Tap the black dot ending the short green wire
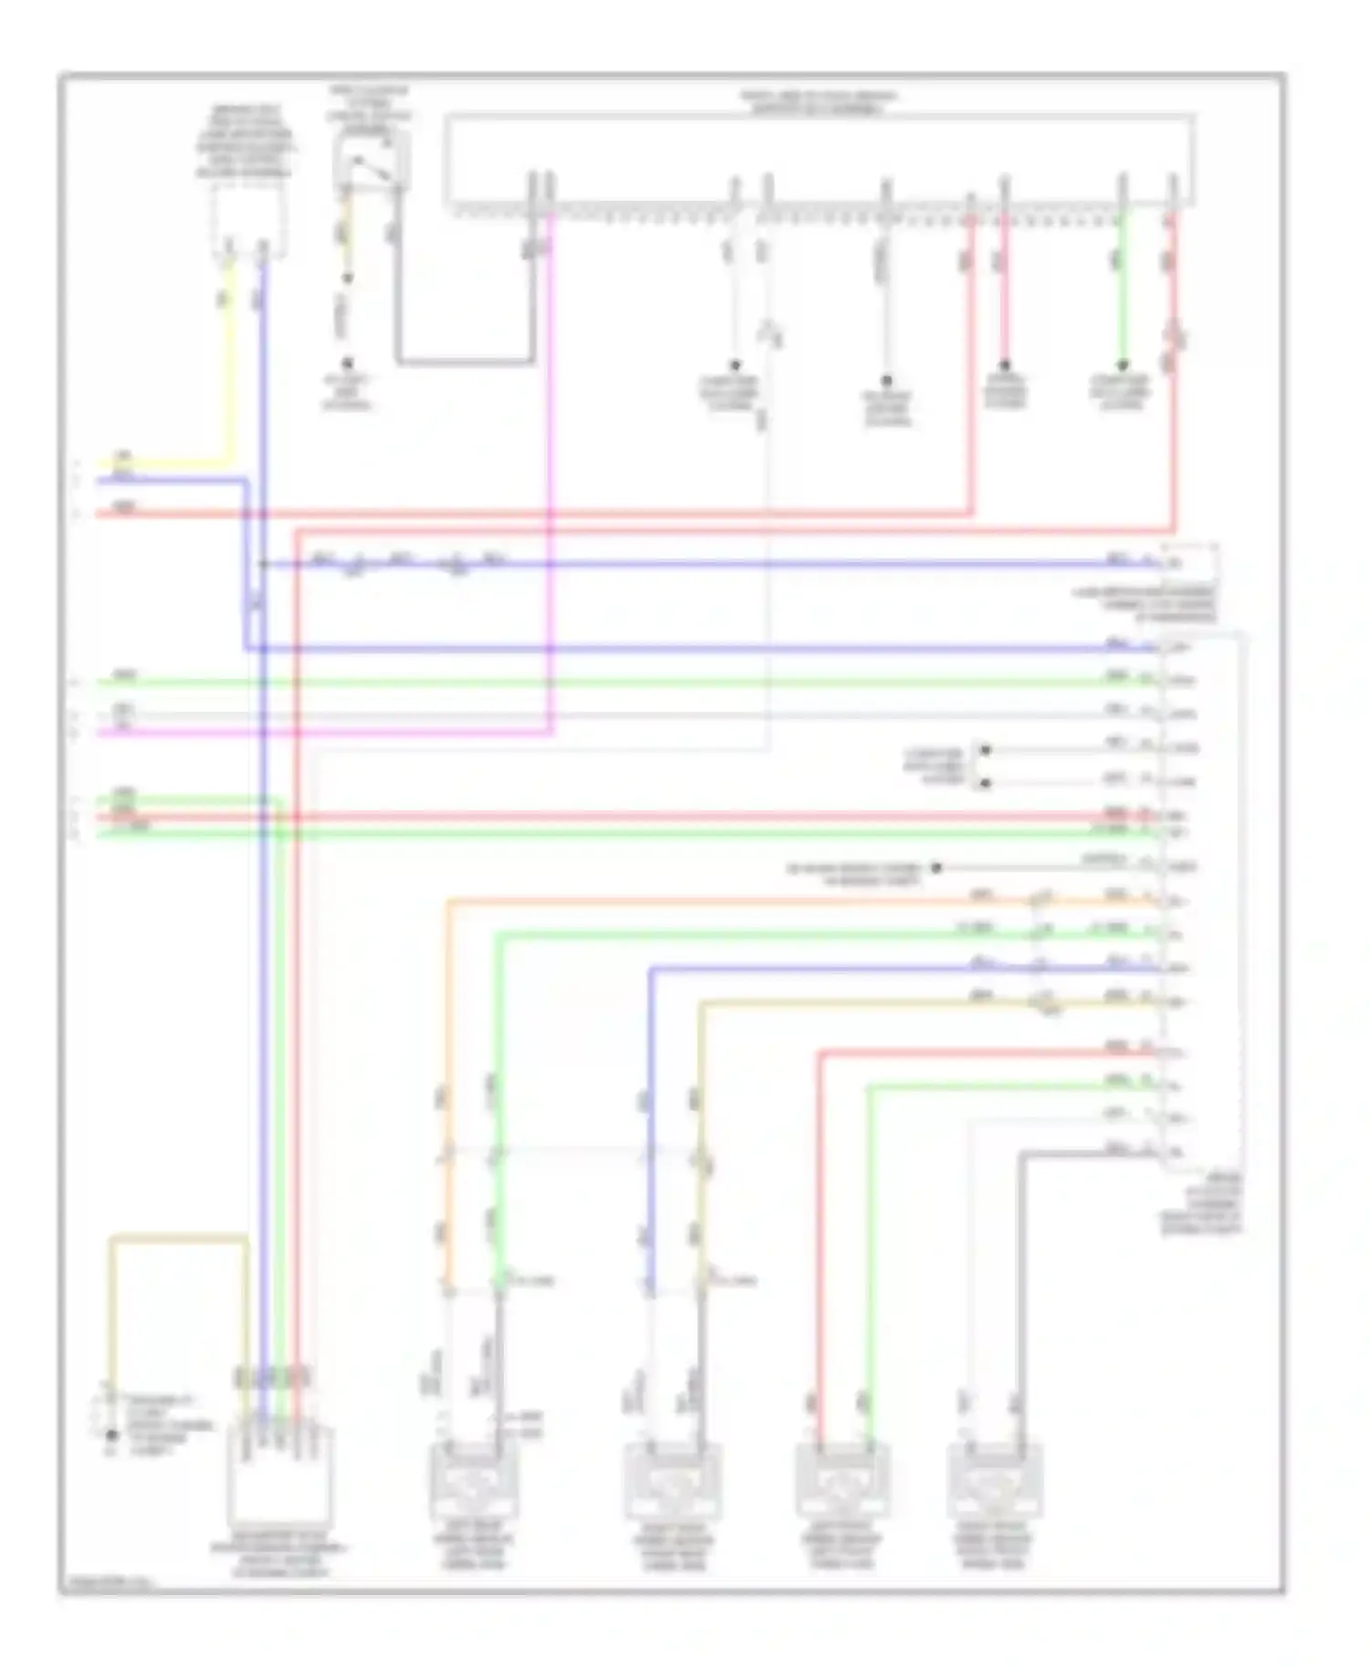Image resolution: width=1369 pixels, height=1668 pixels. point(1123,365)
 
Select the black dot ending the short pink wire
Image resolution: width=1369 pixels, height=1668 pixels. point(1004,365)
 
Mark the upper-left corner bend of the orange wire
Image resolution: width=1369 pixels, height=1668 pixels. point(449,903)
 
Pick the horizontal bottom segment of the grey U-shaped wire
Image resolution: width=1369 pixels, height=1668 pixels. point(465,362)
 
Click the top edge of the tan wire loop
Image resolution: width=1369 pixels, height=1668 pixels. point(178,1238)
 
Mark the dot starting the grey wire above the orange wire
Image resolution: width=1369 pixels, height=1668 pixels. point(935,868)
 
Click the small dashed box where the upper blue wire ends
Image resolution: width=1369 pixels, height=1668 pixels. point(1188,562)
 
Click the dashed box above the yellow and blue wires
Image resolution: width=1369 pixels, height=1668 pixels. point(247,219)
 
